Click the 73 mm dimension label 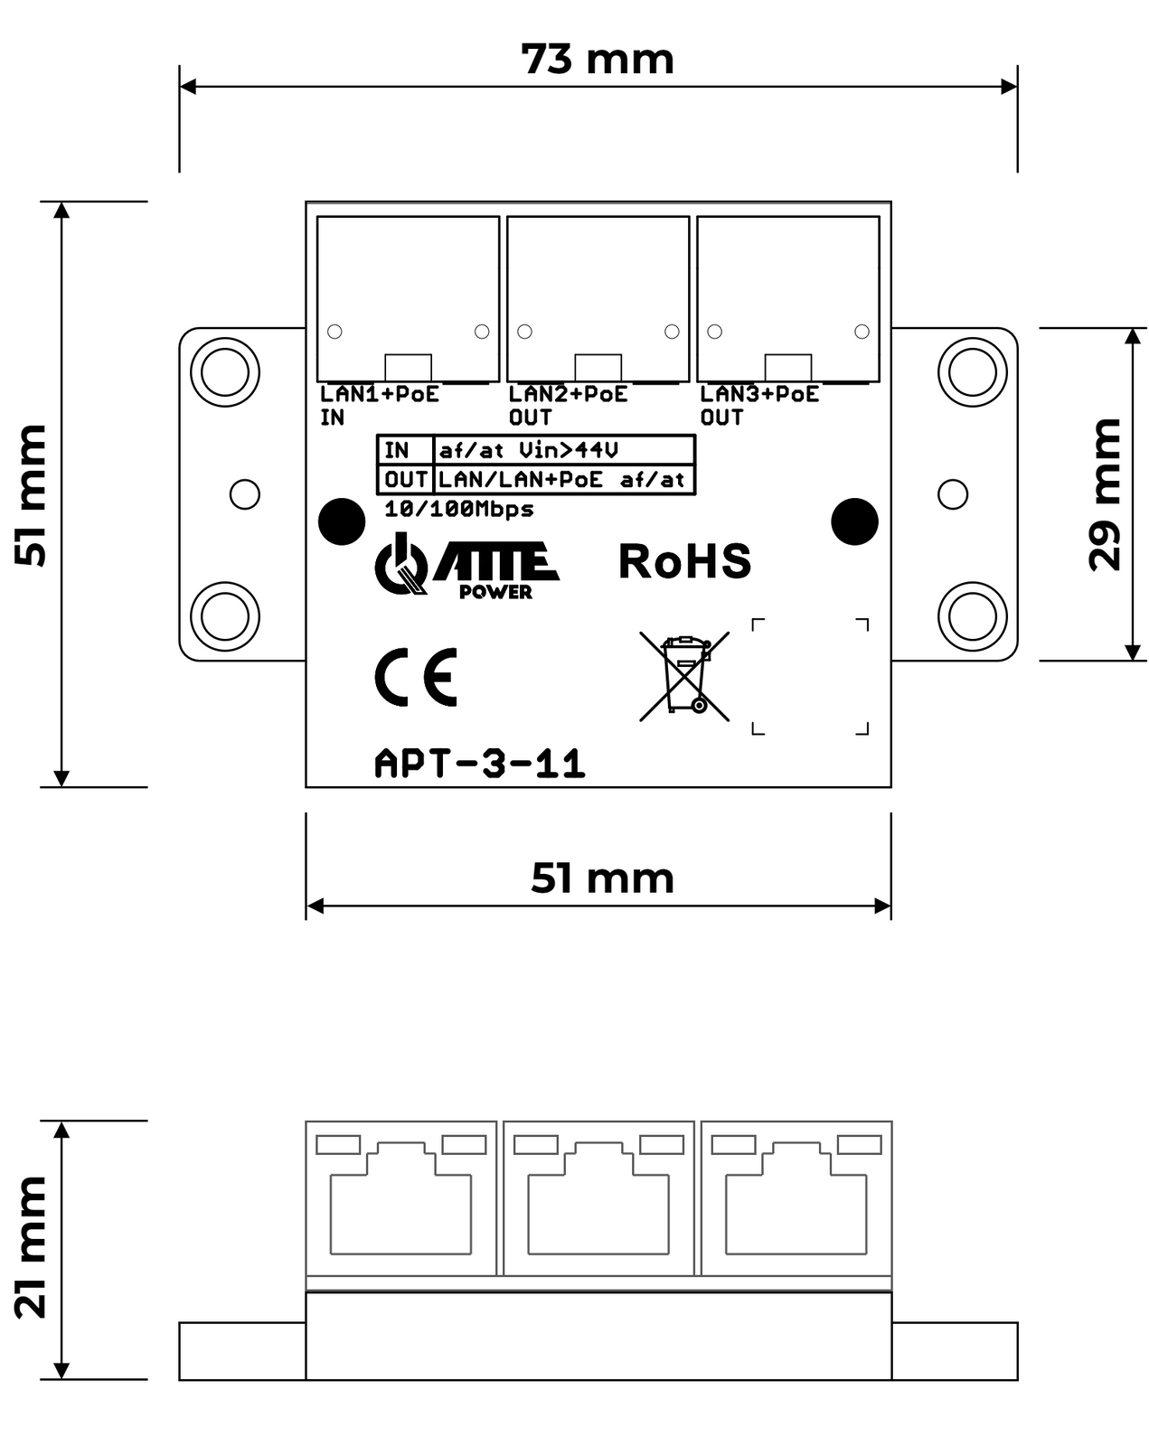click(598, 60)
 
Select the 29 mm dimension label click(1105, 494)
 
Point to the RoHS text click(684, 561)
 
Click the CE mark click(416, 677)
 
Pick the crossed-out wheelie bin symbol click(684, 675)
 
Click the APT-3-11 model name click(480, 765)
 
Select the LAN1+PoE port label click(380, 394)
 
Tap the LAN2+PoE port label click(568, 394)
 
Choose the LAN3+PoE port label click(759, 394)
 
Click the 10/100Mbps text click(458, 510)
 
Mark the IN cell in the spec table click(397, 450)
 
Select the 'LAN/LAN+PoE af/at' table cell click(561, 480)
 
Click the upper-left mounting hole click(224, 371)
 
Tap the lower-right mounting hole click(972, 616)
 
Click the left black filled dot click(342, 521)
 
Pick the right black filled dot click(854, 521)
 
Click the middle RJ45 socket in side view click(598, 1197)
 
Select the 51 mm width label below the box click(602, 878)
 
